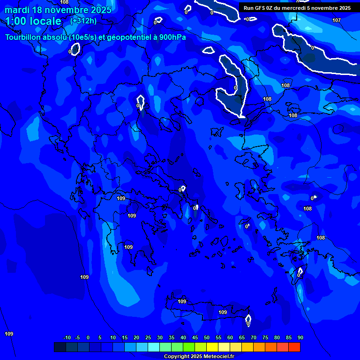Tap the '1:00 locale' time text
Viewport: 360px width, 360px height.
(x=33, y=21)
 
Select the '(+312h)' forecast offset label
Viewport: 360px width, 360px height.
(x=83, y=21)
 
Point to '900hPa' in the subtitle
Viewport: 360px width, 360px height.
(x=172, y=37)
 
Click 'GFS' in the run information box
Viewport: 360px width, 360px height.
(x=260, y=8)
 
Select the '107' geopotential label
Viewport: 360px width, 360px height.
(x=337, y=20)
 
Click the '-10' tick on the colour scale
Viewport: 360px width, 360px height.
(x=67, y=338)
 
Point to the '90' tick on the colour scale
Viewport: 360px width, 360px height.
(x=300, y=338)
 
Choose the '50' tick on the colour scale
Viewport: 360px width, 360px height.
(x=207, y=338)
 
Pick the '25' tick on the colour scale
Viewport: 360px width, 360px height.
(x=148, y=338)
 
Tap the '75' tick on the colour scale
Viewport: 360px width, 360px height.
(x=265, y=338)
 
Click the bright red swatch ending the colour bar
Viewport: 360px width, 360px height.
(x=294, y=347)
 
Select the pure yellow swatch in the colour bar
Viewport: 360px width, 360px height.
(x=212, y=347)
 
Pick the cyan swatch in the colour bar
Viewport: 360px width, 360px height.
(x=154, y=347)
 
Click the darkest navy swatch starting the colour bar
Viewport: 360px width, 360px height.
(x=60, y=347)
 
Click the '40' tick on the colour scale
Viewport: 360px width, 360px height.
(x=183, y=338)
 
